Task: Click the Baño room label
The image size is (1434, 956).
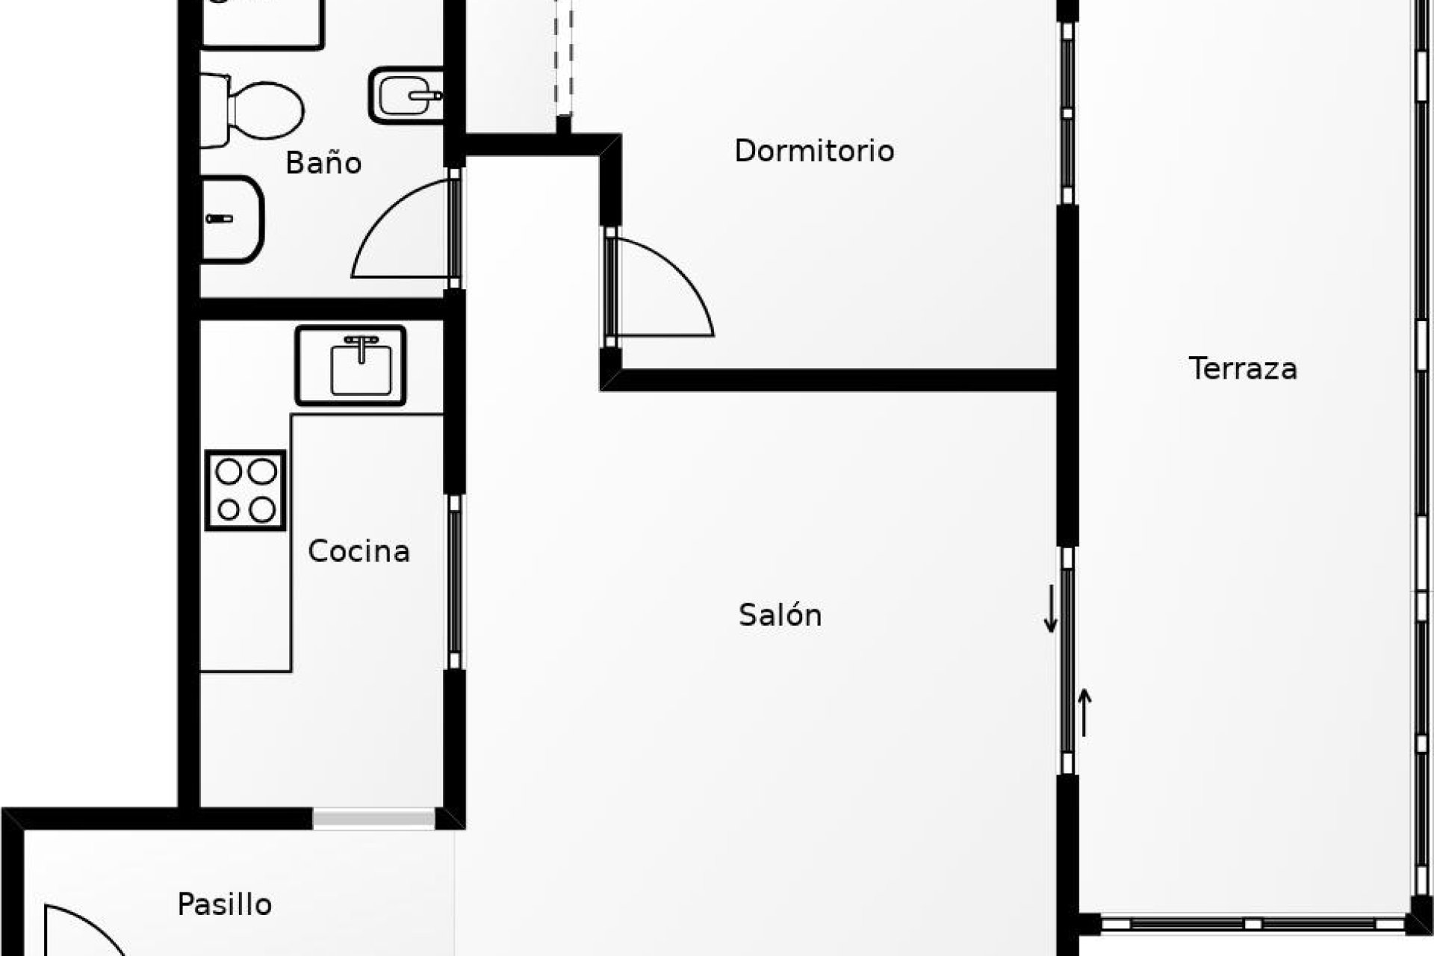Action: pos(323,162)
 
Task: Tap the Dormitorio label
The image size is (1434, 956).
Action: pos(814,151)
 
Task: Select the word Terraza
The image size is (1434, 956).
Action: pos(1243,369)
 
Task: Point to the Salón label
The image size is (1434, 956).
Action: pos(780,615)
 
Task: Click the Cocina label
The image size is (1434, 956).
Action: pos(358,551)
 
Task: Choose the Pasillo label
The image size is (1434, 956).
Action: pos(224,904)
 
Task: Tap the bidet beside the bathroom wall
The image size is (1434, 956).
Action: pos(406,96)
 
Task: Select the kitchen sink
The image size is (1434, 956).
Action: pos(350,366)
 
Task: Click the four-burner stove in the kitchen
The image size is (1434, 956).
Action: pos(245,490)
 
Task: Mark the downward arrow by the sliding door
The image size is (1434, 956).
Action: pos(1051,609)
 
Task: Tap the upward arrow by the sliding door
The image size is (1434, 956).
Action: pos(1084,713)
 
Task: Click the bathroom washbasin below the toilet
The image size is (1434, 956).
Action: pos(232,219)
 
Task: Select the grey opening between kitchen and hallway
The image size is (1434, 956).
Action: pos(373,819)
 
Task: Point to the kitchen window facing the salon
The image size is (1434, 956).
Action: pos(454,582)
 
